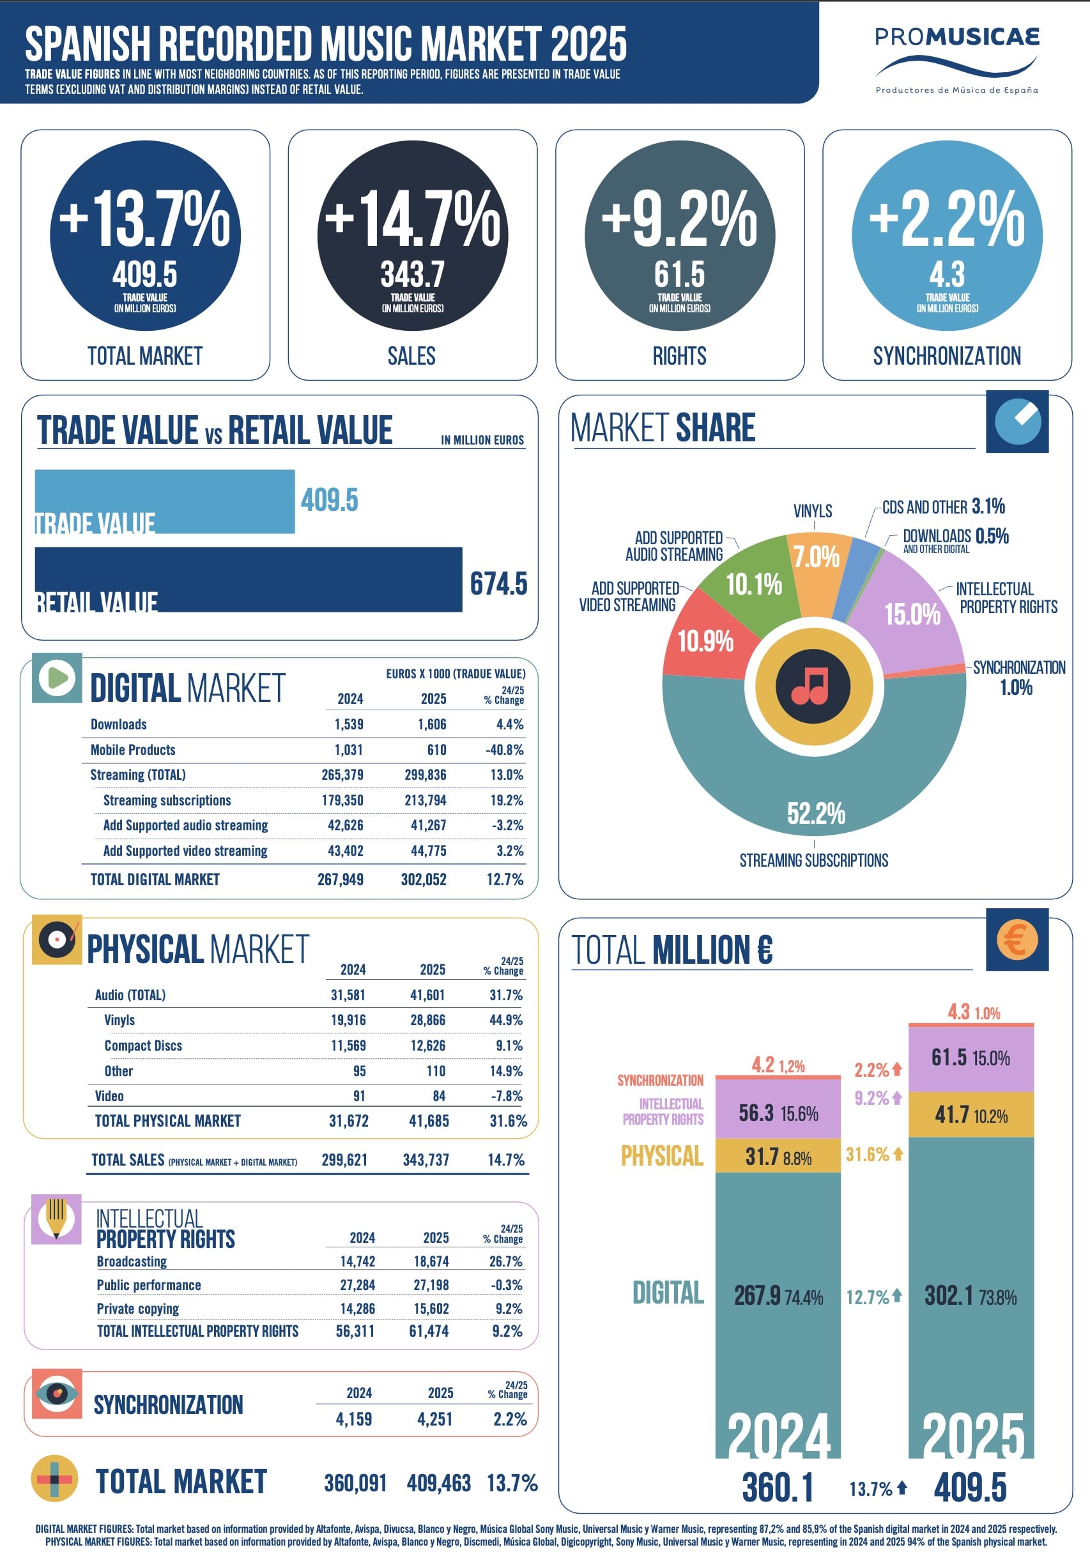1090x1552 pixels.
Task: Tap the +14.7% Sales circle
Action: point(413,235)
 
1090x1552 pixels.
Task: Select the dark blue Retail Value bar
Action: point(248,579)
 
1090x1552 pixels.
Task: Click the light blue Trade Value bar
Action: point(164,501)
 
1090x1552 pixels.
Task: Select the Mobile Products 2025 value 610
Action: point(436,750)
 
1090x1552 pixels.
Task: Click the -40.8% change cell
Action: point(505,750)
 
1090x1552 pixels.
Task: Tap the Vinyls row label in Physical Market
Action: point(119,1020)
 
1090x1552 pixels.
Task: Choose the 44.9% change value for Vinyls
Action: point(506,1020)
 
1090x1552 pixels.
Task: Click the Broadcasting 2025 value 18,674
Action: point(431,1261)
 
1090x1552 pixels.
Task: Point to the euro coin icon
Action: point(1017,940)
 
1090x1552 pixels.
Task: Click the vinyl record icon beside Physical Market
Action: point(57,940)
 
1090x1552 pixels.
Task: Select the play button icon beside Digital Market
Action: point(58,677)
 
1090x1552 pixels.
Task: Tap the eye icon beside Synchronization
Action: point(57,1393)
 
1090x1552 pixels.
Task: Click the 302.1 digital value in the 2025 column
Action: point(949,1296)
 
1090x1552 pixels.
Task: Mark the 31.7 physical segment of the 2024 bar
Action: point(778,1157)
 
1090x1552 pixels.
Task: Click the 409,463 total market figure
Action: point(438,1483)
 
